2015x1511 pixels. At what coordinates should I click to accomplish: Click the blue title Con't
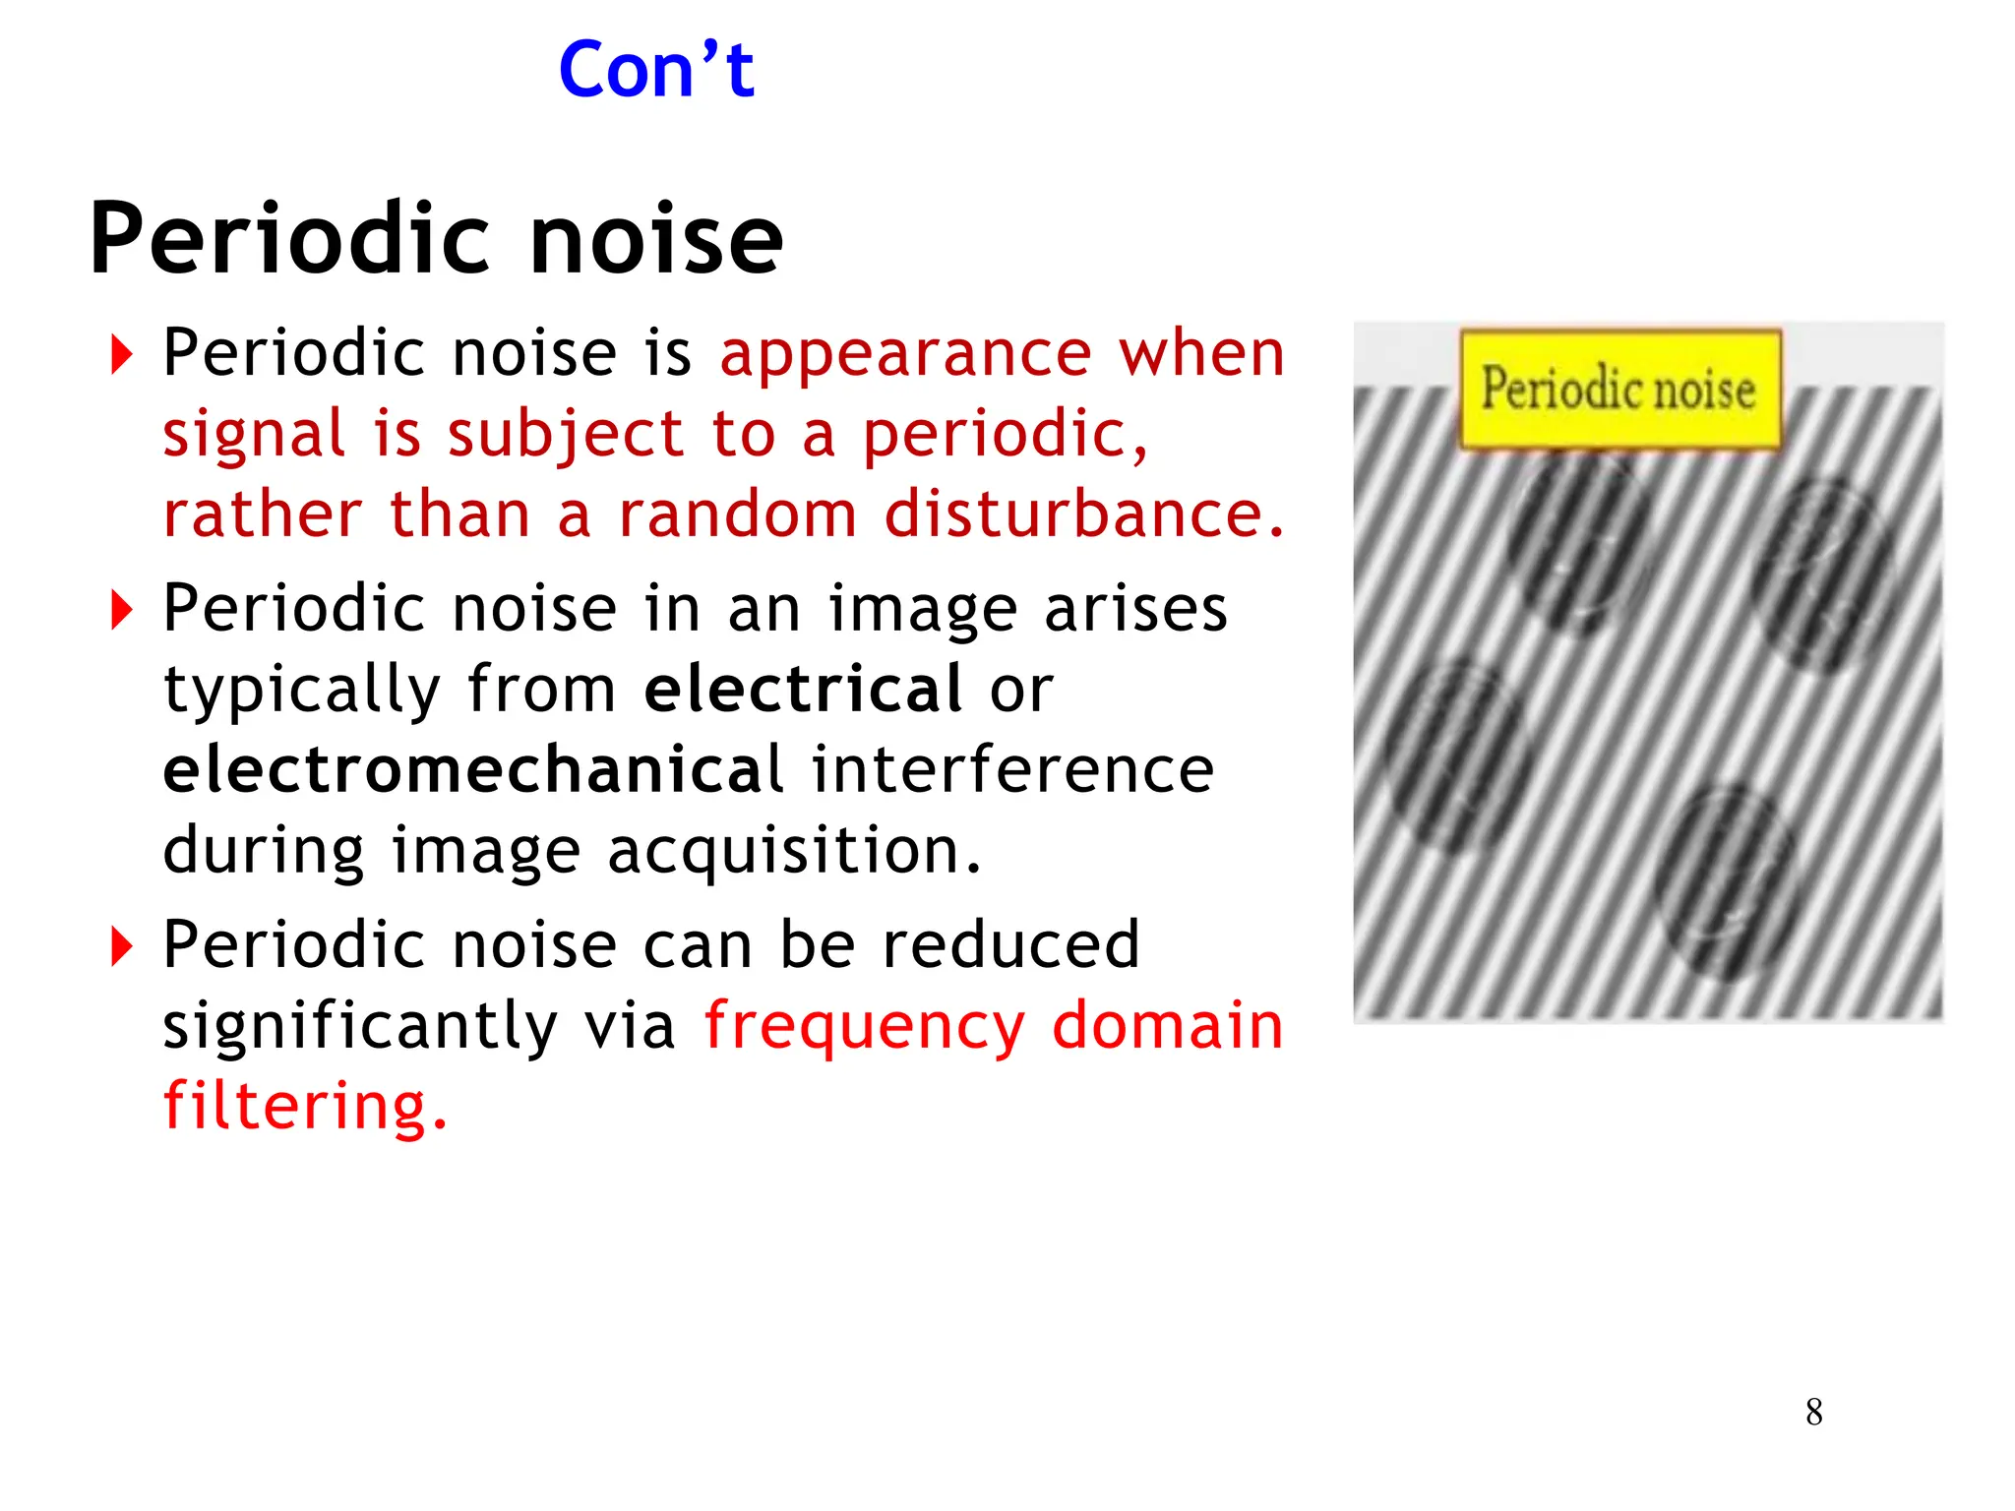656,71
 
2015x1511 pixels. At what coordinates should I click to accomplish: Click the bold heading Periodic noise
436,239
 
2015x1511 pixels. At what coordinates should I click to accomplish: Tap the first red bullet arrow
121,355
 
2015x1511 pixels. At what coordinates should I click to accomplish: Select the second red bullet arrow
121,610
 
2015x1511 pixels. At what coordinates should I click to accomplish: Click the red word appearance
905,354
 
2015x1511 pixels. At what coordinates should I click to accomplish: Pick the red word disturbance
1083,514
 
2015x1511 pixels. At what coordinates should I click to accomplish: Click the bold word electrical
803,689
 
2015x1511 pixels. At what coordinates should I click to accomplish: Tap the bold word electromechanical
473,769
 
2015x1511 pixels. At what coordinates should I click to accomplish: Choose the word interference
1012,769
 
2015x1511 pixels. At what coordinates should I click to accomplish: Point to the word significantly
360,1027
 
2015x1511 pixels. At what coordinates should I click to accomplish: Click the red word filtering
304,1107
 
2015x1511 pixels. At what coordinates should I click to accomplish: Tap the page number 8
1814,1413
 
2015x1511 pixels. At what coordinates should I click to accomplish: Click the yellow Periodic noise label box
1619,389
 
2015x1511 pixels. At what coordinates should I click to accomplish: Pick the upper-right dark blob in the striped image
1821,575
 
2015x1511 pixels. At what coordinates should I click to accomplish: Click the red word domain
1168,1026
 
